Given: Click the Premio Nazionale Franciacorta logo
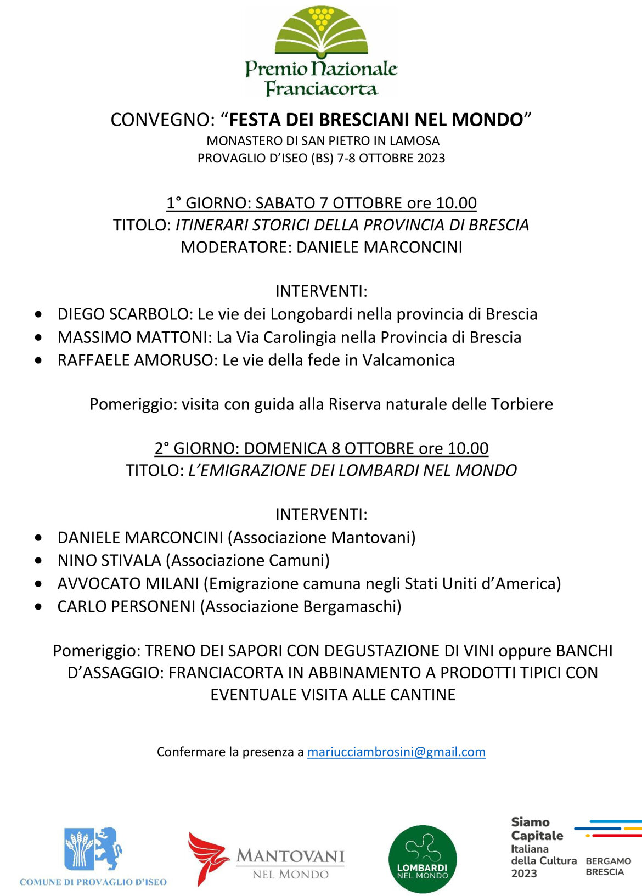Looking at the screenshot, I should point(321,52).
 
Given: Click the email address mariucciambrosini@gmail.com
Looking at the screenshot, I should point(396,752).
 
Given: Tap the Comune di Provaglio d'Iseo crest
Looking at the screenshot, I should point(93,849).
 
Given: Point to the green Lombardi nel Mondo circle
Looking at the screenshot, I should point(423,859).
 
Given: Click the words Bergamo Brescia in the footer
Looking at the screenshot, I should point(608,866).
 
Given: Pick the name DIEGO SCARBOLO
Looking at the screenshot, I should point(123,314).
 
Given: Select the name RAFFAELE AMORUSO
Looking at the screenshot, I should point(135,360).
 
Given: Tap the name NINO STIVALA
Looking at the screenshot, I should point(109,560).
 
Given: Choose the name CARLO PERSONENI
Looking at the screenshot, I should point(126,606).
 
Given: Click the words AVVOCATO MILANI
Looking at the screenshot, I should point(128,583).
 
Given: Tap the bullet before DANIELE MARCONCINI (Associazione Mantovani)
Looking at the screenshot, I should point(38,538).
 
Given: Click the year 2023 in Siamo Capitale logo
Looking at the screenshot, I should point(524,874).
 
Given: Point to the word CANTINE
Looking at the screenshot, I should point(423,695).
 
